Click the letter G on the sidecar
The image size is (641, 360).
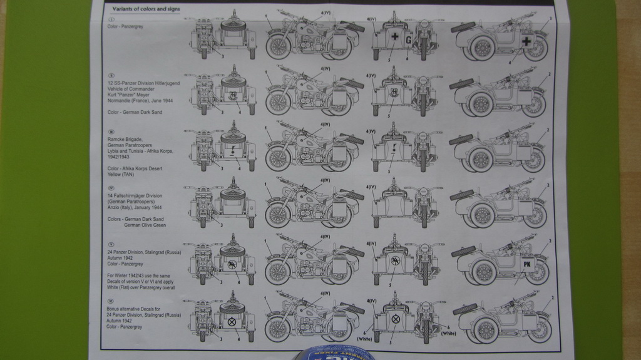[x=408, y=40]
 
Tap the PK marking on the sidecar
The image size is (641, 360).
[x=526, y=263]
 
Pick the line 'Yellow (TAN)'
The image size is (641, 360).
[x=121, y=174]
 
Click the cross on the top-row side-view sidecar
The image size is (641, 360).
[x=526, y=41]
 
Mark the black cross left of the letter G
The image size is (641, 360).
[x=394, y=37]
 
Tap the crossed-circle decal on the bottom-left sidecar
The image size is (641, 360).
[x=232, y=322]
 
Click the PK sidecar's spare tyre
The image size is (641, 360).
[x=464, y=252]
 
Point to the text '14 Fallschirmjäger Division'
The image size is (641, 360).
[x=135, y=195]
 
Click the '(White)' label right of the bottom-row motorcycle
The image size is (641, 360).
[x=448, y=333]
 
